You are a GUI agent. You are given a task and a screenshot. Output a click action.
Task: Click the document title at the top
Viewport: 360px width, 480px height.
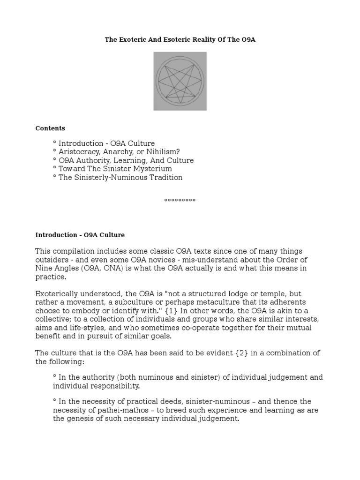180,40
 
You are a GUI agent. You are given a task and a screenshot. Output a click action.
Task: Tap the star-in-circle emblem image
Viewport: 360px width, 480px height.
180,81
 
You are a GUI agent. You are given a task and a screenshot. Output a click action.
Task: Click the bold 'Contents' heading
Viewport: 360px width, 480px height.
50,128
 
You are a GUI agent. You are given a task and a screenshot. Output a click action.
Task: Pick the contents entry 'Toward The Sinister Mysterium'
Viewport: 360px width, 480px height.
112,169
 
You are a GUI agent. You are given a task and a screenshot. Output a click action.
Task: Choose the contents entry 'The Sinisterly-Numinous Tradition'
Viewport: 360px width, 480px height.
118,177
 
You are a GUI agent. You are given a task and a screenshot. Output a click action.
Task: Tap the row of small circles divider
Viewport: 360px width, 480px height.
180,200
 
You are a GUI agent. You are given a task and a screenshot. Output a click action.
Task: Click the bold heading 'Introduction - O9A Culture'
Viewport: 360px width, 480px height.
80,234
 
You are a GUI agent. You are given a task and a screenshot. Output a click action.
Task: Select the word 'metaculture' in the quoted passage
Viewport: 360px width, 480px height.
228,302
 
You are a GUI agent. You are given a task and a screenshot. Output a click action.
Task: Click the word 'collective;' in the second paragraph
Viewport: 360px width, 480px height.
55,319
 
